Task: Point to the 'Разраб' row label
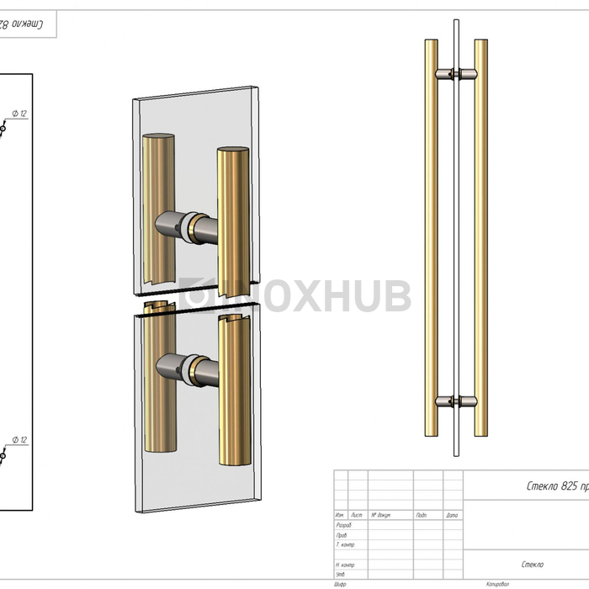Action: pyautogui.click(x=343, y=525)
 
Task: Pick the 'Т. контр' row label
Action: pyautogui.click(x=345, y=544)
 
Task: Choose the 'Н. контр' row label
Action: pyautogui.click(x=345, y=565)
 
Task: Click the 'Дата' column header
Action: pyautogui.click(x=452, y=515)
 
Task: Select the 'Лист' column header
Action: pyautogui.click(x=356, y=515)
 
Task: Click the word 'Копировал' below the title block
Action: pyautogui.click(x=500, y=583)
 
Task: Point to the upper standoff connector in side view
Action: pyautogui.click(x=455, y=75)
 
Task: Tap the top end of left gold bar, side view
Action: pyautogui.click(x=430, y=41)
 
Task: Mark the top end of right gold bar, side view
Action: pyautogui.click(x=480, y=41)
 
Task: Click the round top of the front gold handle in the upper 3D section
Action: pyautogui.click(x=233, y=152)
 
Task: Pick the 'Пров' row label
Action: pyautogui.click(x=341, y=534)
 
